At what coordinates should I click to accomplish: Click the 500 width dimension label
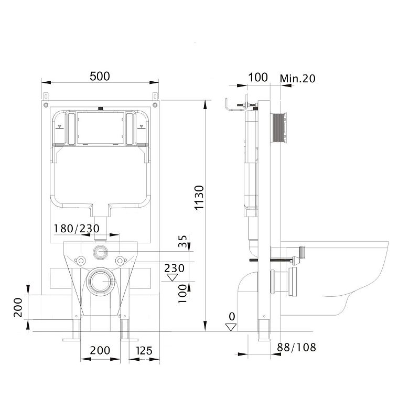(x=100, y=76)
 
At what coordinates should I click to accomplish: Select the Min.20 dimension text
(x=297, y=78)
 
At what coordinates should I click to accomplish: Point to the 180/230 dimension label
(x=77, y=229)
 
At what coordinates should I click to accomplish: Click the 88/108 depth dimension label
(x=296, y=347)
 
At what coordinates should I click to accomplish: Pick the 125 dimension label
(x=144, y=351)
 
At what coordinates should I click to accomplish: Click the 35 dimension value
(x=182, y=241)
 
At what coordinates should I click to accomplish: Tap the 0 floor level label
(x=232, y=316)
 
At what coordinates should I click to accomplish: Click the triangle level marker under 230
(x=172, y=277)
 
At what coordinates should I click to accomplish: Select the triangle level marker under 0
(x=231, y=327)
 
